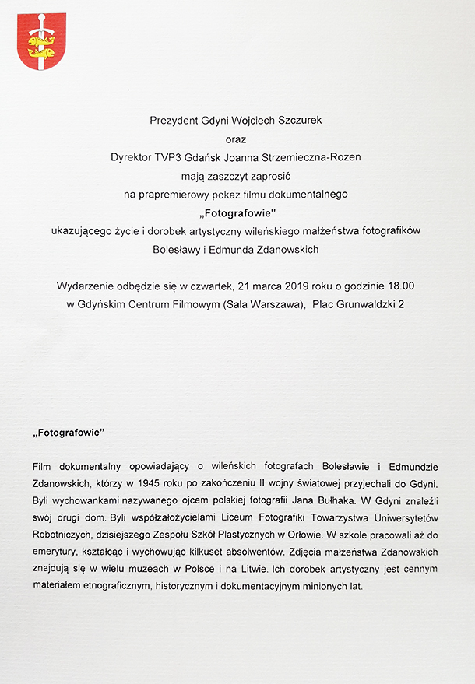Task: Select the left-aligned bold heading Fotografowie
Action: (69, 430)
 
